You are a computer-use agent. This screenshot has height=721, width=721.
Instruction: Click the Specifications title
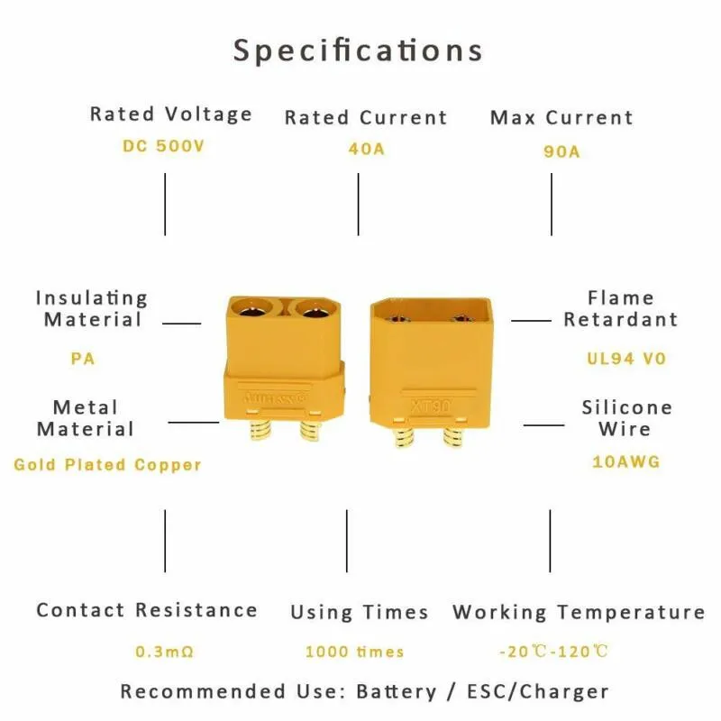[x=359, y=50]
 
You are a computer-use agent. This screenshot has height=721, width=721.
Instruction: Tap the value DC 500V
[x=163, y=145]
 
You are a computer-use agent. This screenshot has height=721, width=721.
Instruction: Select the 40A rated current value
[x=366, y=148]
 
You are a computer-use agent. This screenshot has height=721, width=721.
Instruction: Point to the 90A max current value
[x=561, y=151]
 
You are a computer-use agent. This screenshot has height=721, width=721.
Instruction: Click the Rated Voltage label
[x=170, y=114]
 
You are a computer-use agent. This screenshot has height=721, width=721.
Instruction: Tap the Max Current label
[x=561, y=118]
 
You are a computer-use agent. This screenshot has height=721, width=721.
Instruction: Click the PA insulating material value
[x=83, y=358]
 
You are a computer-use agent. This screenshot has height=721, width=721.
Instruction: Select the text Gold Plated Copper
[x=107, y=465]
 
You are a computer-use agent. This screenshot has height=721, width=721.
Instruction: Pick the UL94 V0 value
[x=626, y=358]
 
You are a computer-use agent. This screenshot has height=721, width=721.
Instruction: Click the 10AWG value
[x=626, y=461]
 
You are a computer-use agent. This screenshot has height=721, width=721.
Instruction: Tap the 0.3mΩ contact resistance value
[x=165, y=651]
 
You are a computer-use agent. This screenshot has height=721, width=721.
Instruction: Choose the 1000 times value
[x=354, y=652]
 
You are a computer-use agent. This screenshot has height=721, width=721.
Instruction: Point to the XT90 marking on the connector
[x=430, y=406]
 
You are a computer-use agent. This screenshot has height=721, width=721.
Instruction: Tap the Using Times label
[x=359, y=613]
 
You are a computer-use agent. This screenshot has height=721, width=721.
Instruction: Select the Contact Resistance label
[x=146, y=610]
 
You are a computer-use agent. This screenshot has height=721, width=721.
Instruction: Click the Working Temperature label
[x=578, y=613]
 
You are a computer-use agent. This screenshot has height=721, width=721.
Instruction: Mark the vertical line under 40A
[x=359, y=204]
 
